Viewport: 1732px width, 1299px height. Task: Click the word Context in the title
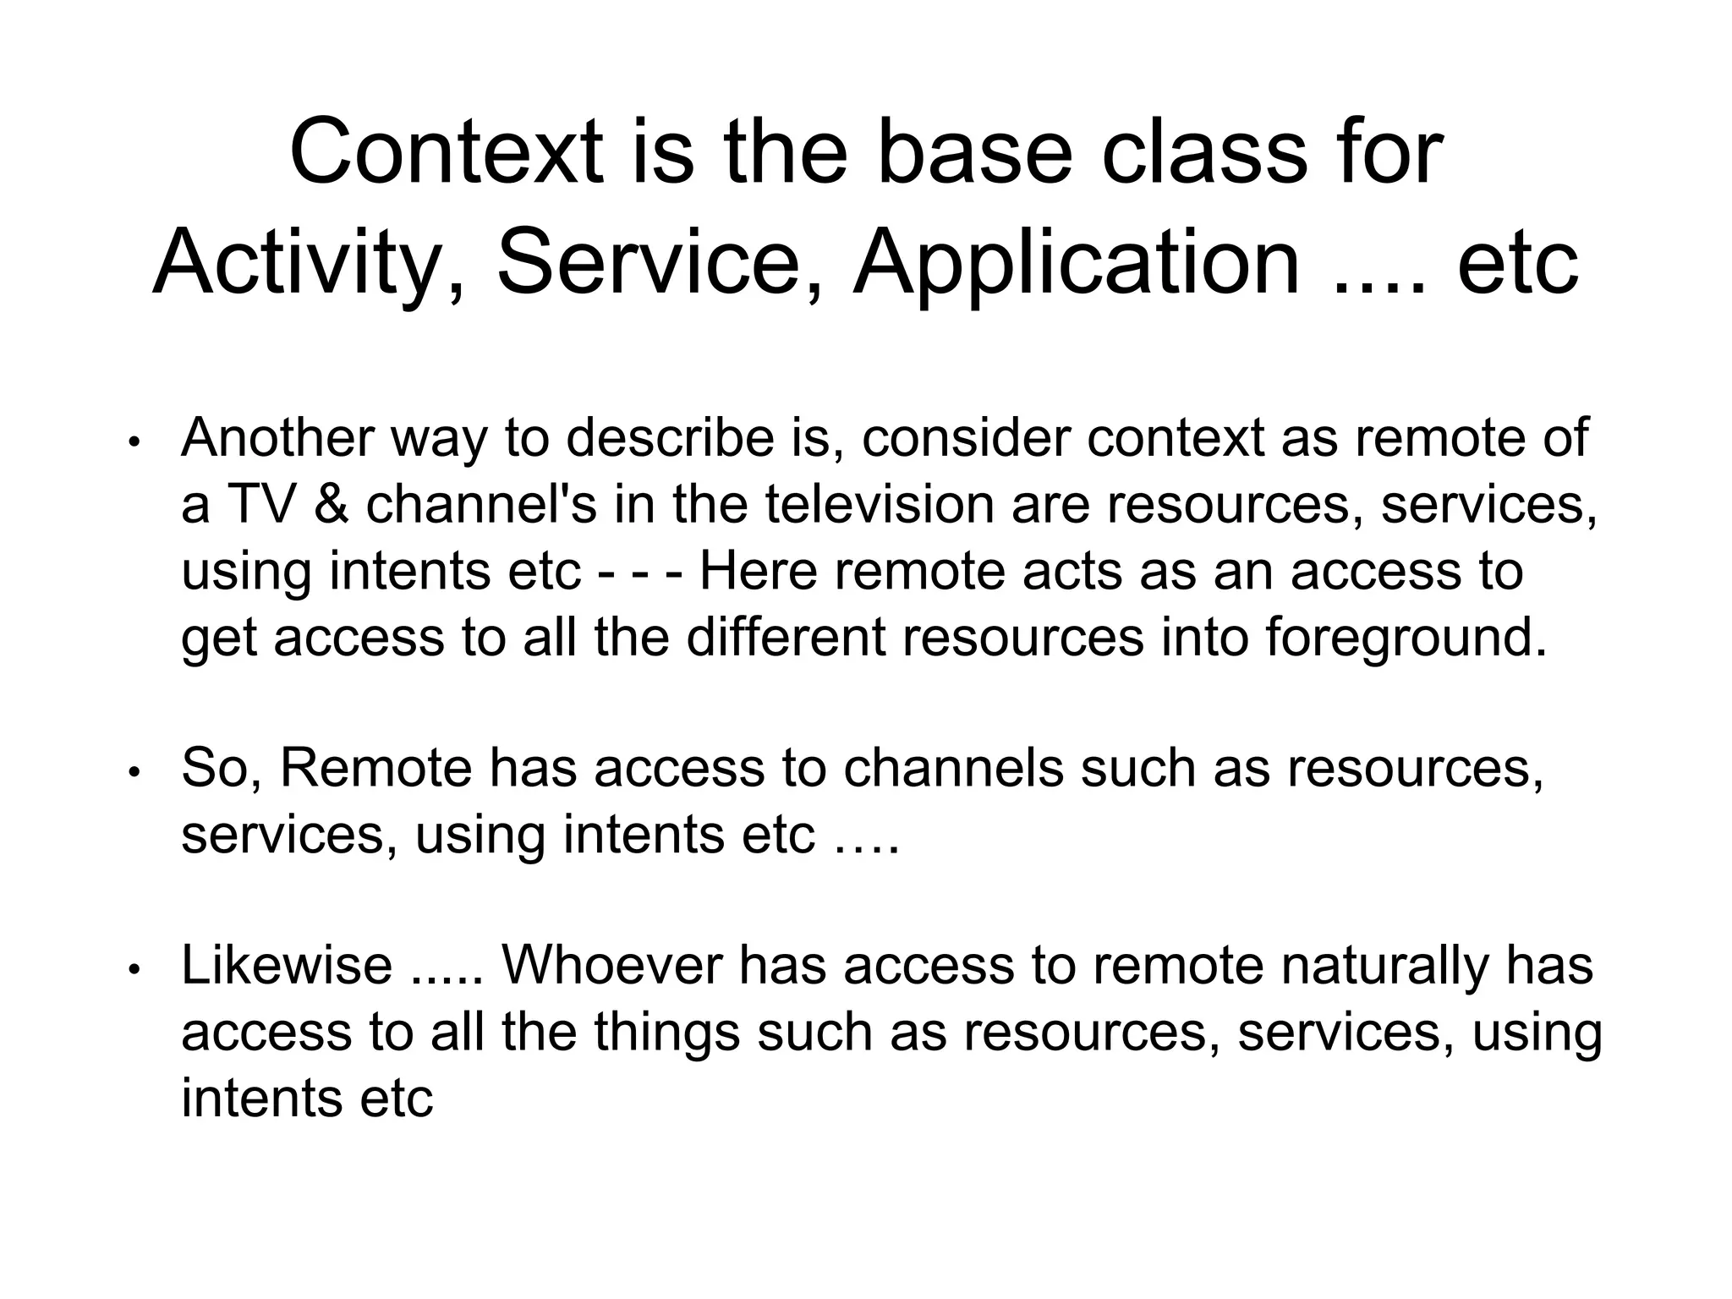click(x=447, y=153)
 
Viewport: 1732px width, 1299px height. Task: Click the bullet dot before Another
click(x=134, y=442)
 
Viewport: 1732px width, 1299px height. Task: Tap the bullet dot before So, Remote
click(x=134, y=772)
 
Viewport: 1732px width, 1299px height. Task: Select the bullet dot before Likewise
click(x=134, y=970)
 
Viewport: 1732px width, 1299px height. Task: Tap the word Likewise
click(x=287, y=966)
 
